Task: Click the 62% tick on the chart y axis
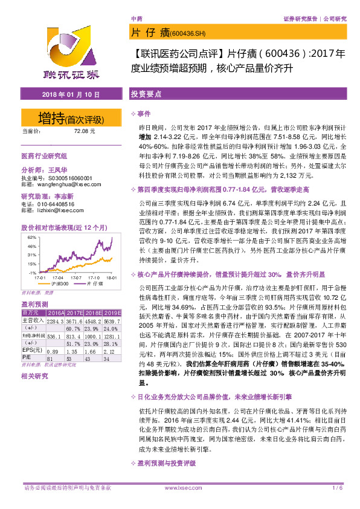(31, 238)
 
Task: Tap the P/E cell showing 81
(53, 358)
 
